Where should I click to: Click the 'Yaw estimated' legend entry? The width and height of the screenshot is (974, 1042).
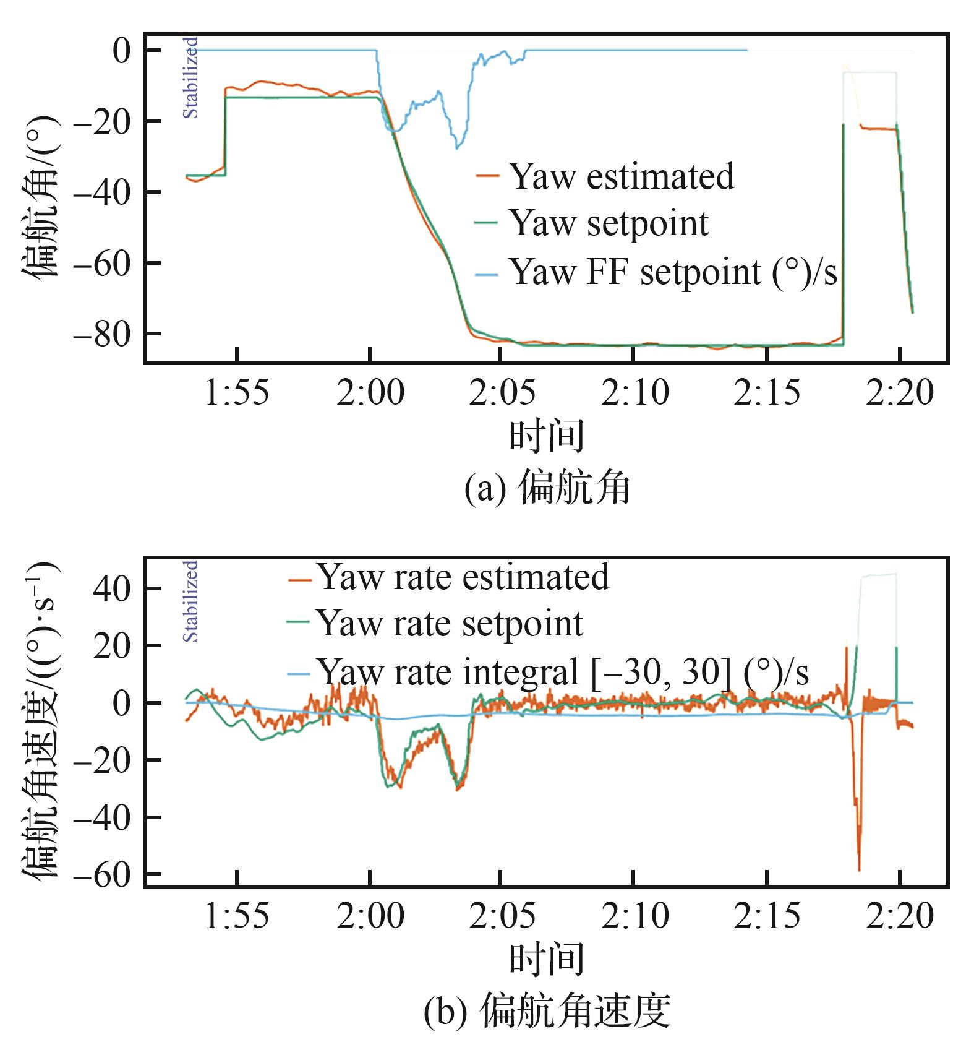pyautogui.click(x=621, y=176)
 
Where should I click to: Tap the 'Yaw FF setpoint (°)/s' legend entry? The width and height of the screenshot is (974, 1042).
pyautogui.click(x=673, y=272)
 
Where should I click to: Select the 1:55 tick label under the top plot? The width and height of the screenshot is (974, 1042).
pyautogui.click(x=237, y=393)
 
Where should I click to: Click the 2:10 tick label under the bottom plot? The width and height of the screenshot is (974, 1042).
pyautogui.click(x=635, y=916)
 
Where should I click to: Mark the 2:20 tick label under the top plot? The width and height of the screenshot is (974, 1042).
pyautogui.click(x=899, y=393)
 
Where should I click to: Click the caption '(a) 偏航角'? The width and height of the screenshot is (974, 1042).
pyautogui.click(x=547, y=488)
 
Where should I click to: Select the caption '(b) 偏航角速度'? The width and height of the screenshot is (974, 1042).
pyautogui.click(x=547, y=1012)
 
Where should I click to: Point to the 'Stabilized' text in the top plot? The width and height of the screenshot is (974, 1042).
pyautogui.click(x=191, y=78)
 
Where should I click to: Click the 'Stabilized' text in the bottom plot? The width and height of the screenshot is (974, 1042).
pyautogui.click(x=191, y=601)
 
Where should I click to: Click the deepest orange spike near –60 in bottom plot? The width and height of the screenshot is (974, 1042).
pyautogui.click(x=859, y=869)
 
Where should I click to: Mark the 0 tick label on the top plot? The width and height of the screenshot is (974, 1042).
pyautogui.click(x=122, y=50)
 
